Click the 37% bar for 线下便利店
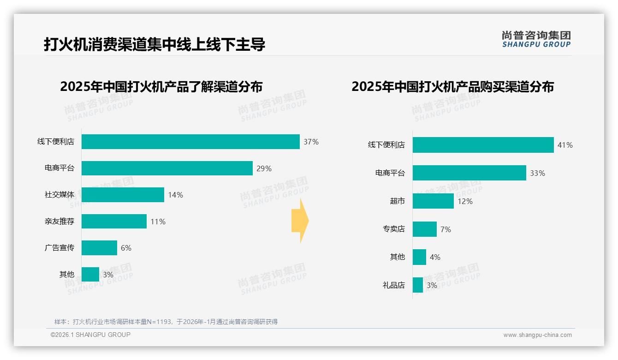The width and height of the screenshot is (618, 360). point(190,142)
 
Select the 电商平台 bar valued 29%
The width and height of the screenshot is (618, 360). point(167,168)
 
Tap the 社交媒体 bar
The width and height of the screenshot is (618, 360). point(123,195)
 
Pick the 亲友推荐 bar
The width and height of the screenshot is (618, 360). point(114,222)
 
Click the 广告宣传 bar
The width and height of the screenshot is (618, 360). point(99,248)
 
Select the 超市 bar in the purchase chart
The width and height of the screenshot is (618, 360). point(433,201)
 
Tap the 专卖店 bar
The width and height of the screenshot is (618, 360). point(424,229)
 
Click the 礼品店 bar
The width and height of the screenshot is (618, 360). point(417,285)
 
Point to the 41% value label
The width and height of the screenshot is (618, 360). point(565,145)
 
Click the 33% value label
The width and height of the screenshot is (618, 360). point(537,173)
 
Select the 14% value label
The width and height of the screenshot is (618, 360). point(175,195)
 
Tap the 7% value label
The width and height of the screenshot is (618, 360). point(446,229)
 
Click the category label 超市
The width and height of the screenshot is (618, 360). point(397,201)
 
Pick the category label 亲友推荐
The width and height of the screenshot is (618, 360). point(59,222)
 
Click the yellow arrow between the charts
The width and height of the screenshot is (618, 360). point(300,221)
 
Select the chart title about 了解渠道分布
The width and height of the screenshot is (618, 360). point(161,87)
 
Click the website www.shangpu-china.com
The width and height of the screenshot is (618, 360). point(537,335)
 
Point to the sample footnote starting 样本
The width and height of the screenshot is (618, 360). point(166,322)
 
